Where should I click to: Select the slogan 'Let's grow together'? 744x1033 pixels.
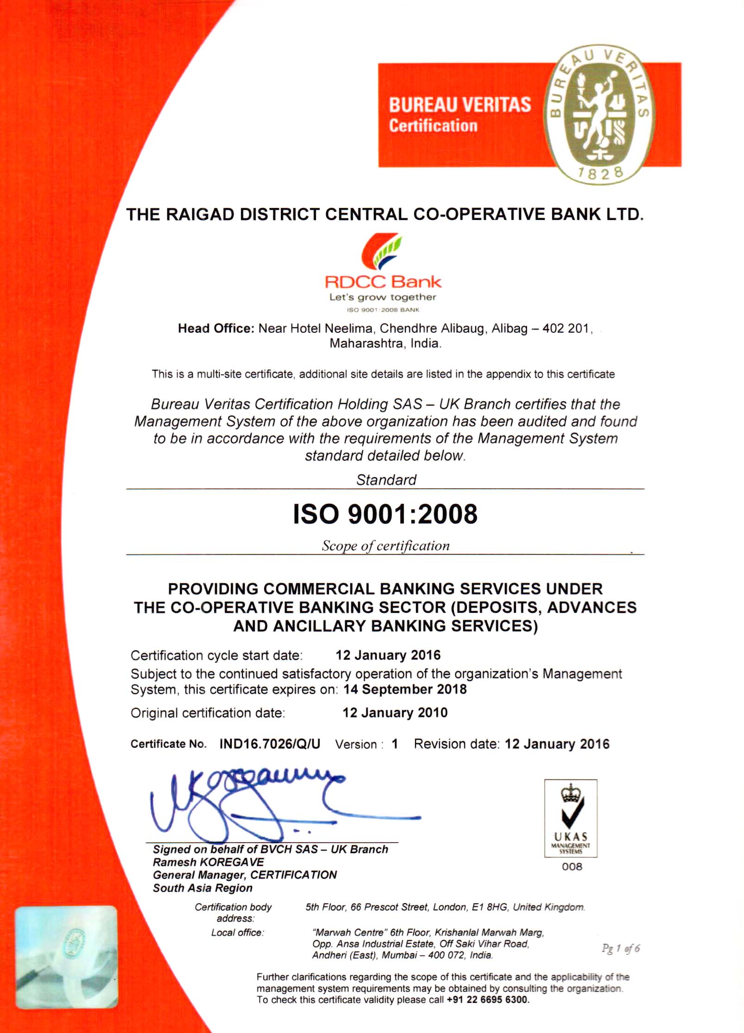click(383, 297)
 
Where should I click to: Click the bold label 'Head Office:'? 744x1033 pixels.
click(216, 329)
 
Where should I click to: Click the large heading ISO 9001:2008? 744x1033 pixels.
click(385, 514)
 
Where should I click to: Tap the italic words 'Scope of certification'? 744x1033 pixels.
click(385, 546)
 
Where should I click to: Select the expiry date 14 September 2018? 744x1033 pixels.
click(405, 689)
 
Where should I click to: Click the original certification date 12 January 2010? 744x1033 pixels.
click(395, 712)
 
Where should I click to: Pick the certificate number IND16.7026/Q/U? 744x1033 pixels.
click(270, 744)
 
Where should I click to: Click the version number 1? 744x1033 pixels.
click(395, 744)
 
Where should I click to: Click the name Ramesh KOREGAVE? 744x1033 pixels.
click(208, 862)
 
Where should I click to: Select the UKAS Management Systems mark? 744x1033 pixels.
click(570, 819)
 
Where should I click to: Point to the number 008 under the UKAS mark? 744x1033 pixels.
click(572, 867)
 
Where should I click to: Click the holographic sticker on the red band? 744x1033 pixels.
click(66, 957)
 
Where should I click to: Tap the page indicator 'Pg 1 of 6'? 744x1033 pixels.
click(620, 948)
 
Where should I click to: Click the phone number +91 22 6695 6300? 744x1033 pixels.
click(487, 1000)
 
